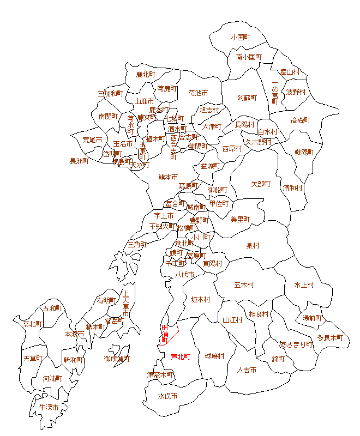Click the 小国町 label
241,38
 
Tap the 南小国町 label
249,57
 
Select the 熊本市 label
168,177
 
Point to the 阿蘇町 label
247,98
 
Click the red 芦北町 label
181,357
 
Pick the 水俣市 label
168,396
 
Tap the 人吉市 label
247,370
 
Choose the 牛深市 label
49,407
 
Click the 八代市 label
184,275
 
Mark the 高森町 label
300,120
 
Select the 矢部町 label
260,184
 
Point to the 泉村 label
253,246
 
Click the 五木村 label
244,284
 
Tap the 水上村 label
304,284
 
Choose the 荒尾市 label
92,140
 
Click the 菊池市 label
198,93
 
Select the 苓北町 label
33,324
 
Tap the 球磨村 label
214,356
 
